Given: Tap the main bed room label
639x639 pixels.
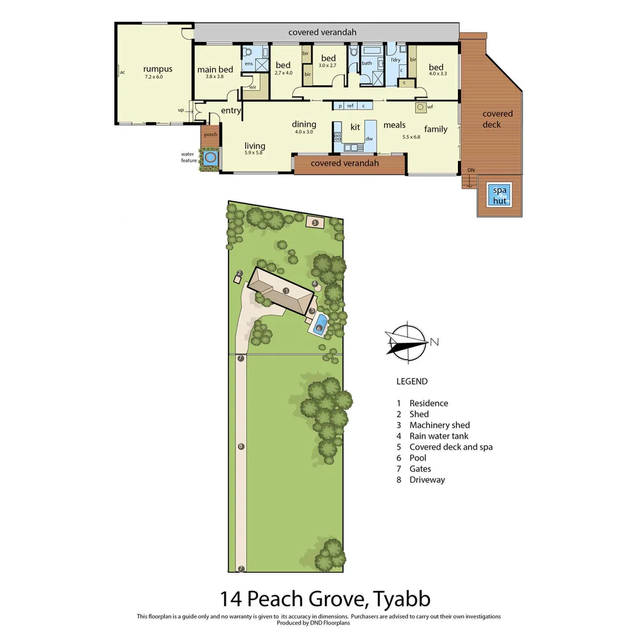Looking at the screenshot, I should click(215, 70).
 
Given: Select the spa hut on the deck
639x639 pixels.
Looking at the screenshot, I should click(500, 195).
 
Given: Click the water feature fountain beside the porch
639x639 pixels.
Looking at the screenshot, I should click(210, 158).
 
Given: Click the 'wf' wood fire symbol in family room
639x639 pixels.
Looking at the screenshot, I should click(421, 107).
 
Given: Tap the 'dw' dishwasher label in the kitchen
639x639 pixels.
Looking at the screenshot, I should click(369, 138).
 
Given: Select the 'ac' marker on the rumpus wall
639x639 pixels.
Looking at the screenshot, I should click(122, 72).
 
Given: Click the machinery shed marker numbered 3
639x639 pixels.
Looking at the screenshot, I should click(315, 222).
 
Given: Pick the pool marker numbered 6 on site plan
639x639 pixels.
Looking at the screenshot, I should click(319, 328).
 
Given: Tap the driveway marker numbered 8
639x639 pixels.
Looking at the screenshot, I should click(241, 446).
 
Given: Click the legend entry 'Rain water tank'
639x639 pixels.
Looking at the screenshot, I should click(438, 436).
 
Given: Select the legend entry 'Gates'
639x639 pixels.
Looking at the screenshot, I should click(420, 469).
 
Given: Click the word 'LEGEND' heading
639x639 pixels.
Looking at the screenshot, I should click(412, 382).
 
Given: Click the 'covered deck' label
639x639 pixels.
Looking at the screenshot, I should click(497, 119).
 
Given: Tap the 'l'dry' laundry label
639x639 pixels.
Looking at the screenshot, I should click(396, 60).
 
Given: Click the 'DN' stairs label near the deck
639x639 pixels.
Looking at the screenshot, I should click(471, 170).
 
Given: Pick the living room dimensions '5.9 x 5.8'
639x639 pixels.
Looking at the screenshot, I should click(255, 153).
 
